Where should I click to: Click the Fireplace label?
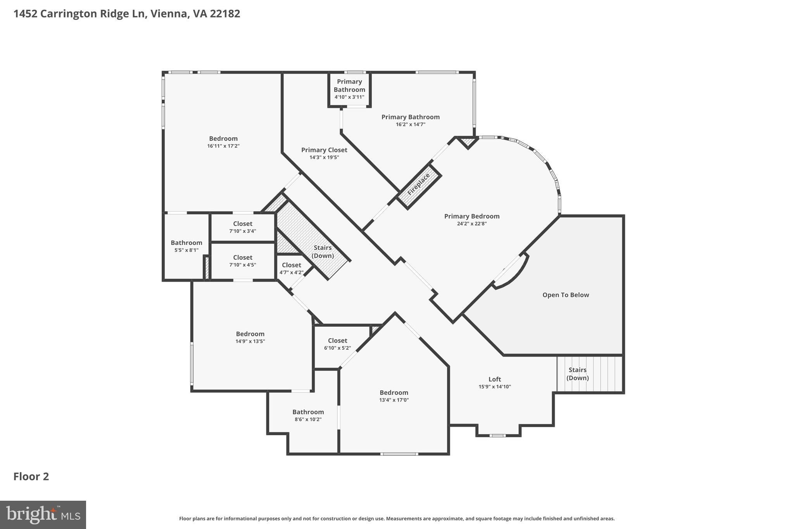pos(419,184)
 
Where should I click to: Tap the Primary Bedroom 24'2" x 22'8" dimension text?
pos(471,224)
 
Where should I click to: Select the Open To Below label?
pos(565,295)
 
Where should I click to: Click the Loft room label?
pos(494,379)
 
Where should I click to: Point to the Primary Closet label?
pos(324,150)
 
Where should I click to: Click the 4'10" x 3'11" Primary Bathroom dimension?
pos(349,97)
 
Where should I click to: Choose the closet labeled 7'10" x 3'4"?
pos(243,227)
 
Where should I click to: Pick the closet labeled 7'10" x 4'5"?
pos(243,261)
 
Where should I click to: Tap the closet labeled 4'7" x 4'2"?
pos(292,268)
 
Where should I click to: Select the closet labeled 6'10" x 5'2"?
pos(337,344)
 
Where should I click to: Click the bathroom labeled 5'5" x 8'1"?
pos(186,246)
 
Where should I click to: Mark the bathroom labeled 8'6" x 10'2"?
pos(308,415)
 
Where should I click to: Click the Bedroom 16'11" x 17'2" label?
pos(223,142)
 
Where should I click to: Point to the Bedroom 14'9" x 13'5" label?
pos(250,337)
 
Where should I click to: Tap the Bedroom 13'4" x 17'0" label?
pos(394,396)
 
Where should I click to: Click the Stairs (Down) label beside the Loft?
pos(577,374)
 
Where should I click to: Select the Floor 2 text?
pos(31,476)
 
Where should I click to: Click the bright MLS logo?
pos(43,515)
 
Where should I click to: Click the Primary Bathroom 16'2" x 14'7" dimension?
pos(410,124)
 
